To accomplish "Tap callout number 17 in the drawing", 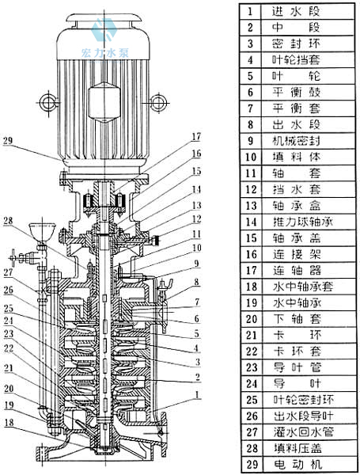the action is (197, 137).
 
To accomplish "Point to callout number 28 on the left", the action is (8, 220).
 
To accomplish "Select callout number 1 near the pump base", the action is (197, 395).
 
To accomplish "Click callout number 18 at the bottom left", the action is (9, 422).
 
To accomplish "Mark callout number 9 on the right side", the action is (197, 264).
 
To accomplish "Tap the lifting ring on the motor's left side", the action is (47, 102).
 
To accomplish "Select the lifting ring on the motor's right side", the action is (159, 102).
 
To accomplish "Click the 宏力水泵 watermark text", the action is (104, 53).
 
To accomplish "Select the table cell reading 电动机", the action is (297, 465).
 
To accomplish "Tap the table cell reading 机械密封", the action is (296, 141).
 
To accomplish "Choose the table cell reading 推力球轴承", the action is (302, 222).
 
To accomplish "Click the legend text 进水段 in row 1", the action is (296, 12).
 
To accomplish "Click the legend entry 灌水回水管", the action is (303, 432).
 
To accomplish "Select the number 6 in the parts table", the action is (250, 92).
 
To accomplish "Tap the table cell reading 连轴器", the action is (297, 271).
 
